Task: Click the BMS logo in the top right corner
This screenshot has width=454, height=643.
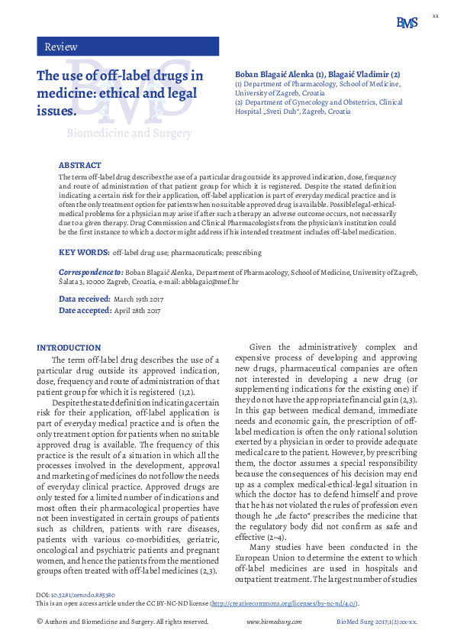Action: (407, 23)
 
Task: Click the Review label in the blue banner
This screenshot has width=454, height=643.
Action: (61, 47)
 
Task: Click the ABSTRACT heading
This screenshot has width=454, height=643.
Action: (79, 165)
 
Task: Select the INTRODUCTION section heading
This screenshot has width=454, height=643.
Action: (69, 347)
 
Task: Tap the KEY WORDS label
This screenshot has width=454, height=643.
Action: (83, 251)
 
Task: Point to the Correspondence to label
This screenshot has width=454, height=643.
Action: (91, 272)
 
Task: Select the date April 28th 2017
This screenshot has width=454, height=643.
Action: (137, 311)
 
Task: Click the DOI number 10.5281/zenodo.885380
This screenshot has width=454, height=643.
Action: (82, 594)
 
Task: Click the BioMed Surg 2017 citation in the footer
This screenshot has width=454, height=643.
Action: (377, 622)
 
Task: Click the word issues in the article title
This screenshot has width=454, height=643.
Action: (57, 111)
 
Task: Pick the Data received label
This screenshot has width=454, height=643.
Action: (84, 299)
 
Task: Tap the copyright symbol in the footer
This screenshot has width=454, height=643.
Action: (40, 622)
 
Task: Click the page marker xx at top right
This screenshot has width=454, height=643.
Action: (436, 15)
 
